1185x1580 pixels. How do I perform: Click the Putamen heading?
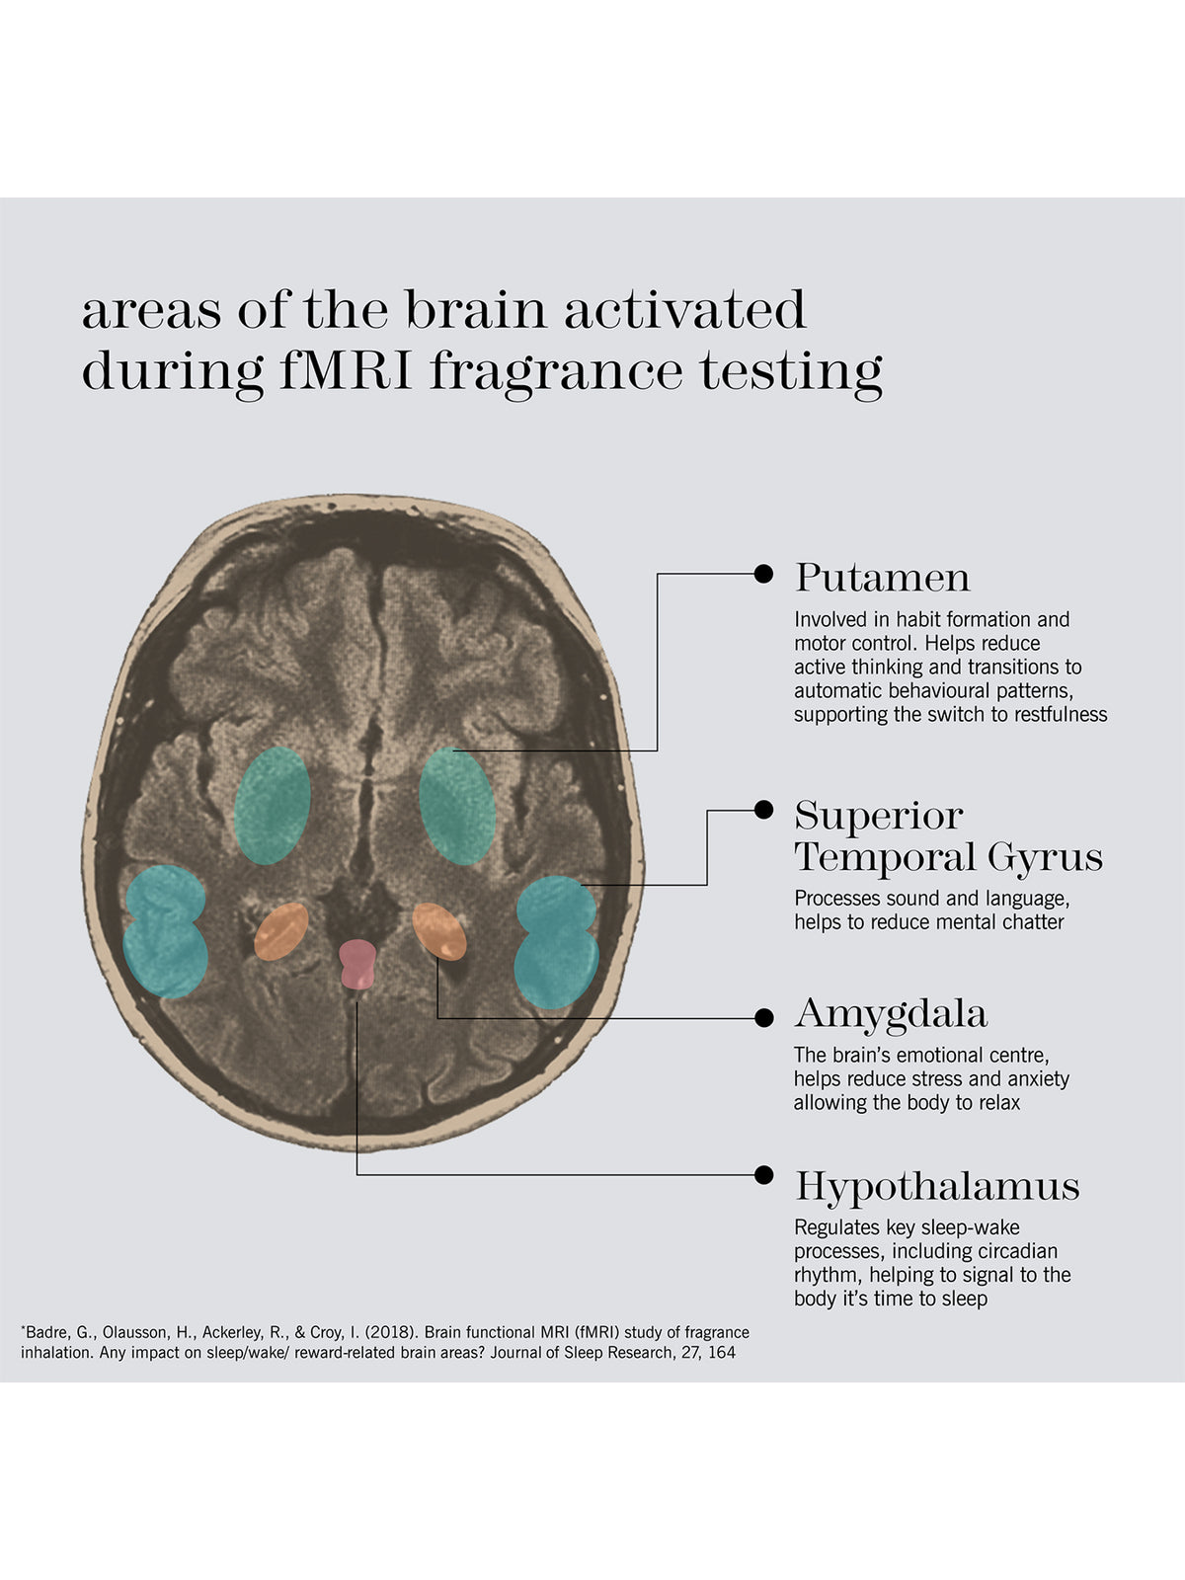[882, 578]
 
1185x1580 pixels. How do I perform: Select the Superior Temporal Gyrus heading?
[948, 836]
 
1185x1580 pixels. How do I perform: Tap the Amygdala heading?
[891, 1014]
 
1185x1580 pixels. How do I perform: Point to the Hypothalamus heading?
[937, 1186]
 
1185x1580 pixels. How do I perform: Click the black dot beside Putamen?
[763, 574]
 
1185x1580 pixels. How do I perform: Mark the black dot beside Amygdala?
[763, 1018]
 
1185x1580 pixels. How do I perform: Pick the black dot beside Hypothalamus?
[763, 1175]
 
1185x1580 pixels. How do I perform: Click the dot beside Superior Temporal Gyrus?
[763, 810]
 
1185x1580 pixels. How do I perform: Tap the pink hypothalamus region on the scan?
[357, 964]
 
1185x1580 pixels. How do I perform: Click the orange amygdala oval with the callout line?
[438, 931]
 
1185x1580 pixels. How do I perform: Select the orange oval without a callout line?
[281, 931]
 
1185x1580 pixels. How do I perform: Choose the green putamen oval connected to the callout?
[457, 806]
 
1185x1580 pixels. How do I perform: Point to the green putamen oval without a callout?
[272, 806]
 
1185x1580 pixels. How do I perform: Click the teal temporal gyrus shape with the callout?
[556, 942]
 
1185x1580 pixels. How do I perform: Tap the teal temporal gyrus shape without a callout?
[166, 931]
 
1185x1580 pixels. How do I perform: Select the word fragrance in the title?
[555, 373]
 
